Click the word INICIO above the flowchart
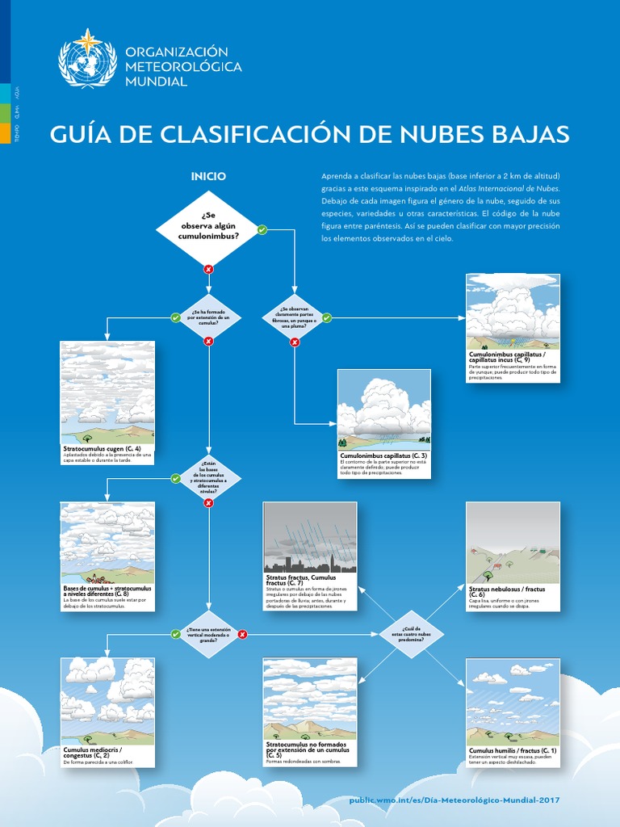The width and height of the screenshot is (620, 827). pos(208,176)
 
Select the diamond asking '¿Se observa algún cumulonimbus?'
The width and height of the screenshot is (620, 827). pos(208,229)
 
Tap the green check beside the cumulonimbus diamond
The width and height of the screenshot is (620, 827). pos(262,230)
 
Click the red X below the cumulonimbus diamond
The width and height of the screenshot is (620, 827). pos(208,269)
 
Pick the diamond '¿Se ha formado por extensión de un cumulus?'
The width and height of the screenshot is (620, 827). pos(208,317)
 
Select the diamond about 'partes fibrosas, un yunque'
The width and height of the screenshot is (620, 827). pos(295,317)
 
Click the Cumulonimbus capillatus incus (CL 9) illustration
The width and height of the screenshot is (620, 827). pos(513,312)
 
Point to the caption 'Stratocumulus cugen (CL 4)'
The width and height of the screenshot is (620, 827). pos(102,448)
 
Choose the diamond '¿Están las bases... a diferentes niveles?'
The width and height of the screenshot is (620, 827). pos(208,478)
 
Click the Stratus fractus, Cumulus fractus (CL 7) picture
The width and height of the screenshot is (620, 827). pos(310,537)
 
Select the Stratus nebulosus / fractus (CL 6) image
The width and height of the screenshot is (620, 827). pos(513,543)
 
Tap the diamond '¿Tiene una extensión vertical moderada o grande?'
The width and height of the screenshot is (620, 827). pos(208,634)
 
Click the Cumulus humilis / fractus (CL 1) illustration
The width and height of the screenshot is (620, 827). pos(513,702)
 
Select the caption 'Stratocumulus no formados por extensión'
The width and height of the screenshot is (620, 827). pos(307,747)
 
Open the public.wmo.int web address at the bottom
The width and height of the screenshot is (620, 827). pos(454,800)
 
